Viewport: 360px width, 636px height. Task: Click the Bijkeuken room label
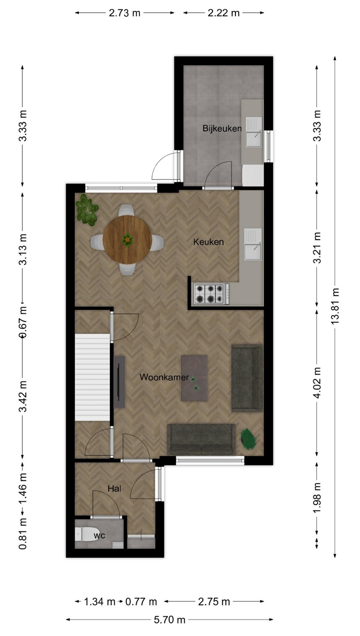point(222,128)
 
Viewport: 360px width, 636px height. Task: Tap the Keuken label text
point(209,242)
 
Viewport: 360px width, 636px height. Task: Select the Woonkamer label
point(164,377)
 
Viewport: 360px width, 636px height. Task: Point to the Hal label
point(115,489)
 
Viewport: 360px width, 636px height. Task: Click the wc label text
point(100,535)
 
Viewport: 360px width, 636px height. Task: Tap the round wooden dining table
point(127,240)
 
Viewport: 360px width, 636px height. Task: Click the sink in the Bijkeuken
point(254,132)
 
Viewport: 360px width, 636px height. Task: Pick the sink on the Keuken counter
point(252,244)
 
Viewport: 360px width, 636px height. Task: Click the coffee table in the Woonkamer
point(195,378)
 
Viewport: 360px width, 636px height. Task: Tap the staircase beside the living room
point(92,377)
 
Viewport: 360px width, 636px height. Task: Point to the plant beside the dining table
point(87,210)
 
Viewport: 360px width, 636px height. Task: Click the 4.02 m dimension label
point(317,383)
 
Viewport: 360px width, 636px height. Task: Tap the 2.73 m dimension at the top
point(125,13)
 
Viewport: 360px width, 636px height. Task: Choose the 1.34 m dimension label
point(100,601)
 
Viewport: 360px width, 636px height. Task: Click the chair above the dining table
point(127,210)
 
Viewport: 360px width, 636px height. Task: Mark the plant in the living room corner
point(249,439)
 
